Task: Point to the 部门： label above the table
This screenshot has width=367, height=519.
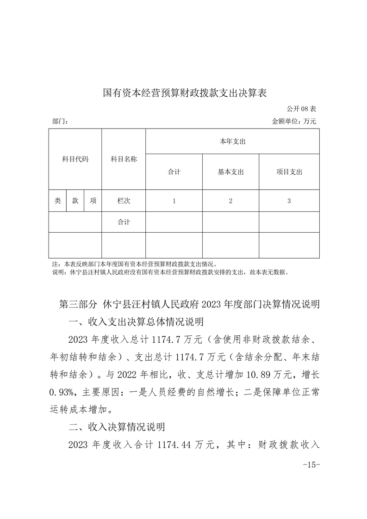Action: (x=61, y=122)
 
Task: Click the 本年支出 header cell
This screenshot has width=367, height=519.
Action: (x=232, y=141)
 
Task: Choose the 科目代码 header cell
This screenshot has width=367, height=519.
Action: (x=75, y=159)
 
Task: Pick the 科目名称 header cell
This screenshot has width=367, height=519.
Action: (x=124, y=159)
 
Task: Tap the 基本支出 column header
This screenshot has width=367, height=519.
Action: (x=230, y=172)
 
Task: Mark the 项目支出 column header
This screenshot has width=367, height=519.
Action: (x=289, y=172)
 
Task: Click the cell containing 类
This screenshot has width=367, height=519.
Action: (x=57, y=201)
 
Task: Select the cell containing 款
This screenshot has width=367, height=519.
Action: (x=75, y=201)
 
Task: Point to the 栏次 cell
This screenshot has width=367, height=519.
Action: (x=124, y=201)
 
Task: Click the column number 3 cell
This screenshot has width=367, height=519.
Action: (x=289, y=201)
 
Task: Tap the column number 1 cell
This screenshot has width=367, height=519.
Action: (x=174, y=201)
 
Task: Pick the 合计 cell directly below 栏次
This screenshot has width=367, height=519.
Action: (x=124, y=222)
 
